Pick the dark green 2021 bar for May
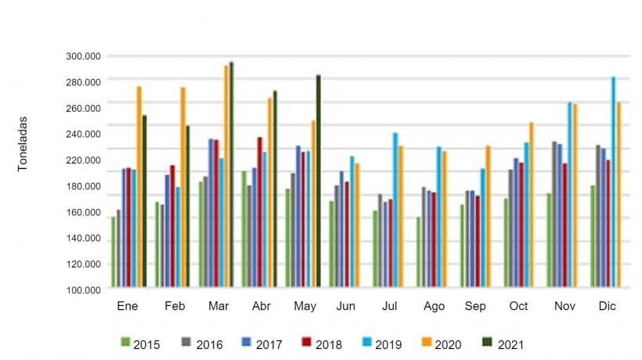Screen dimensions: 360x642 [x=319, y=181]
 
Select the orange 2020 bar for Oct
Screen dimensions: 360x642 [x=531, y=204]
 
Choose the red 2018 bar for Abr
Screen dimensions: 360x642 [x=259, y=212]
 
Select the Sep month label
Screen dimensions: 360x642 [x=475, y=307]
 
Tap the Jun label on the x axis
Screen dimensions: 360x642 [x=346, y=307]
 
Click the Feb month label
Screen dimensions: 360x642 [x=175, y=307]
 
